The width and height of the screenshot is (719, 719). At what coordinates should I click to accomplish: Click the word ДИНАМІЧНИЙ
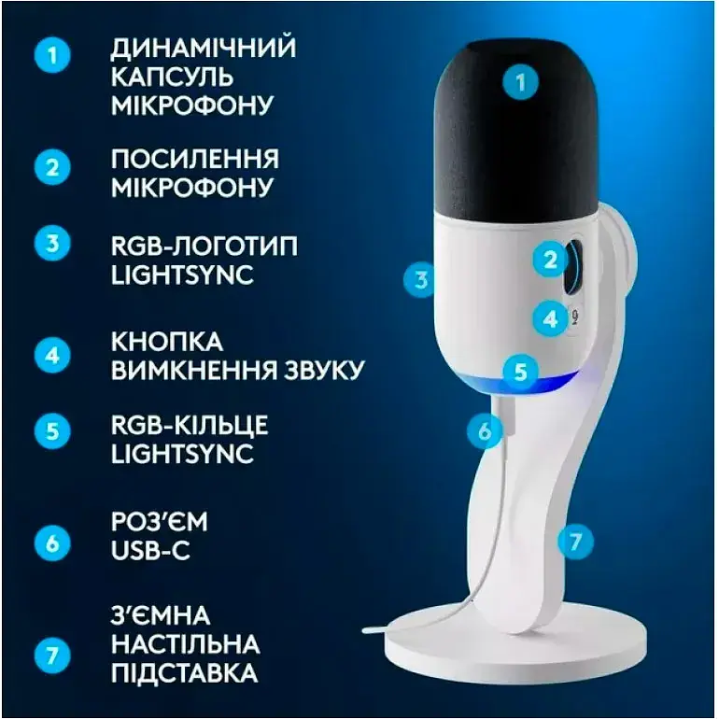click(x=203, y=48)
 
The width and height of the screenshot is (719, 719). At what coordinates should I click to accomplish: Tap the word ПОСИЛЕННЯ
click(x=194, y=158)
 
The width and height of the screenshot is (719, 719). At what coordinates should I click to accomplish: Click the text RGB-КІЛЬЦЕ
click(x=190, y=426)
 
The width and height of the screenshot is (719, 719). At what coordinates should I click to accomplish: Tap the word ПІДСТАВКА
click(x=184, y=673)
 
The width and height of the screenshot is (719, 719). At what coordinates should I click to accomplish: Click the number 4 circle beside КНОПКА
click(x=52, y=355)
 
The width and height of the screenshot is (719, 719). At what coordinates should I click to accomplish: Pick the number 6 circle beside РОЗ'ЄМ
click(x=52, y=541)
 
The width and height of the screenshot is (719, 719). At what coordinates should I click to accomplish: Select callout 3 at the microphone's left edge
click(x=422, y=278)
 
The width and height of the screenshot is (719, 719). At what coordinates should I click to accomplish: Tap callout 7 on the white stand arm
click(x=576, y=540)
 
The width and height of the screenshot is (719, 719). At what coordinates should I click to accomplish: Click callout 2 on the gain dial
click(x=551, y=260)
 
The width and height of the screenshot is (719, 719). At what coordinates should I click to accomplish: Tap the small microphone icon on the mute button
click(x=574, y=318)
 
